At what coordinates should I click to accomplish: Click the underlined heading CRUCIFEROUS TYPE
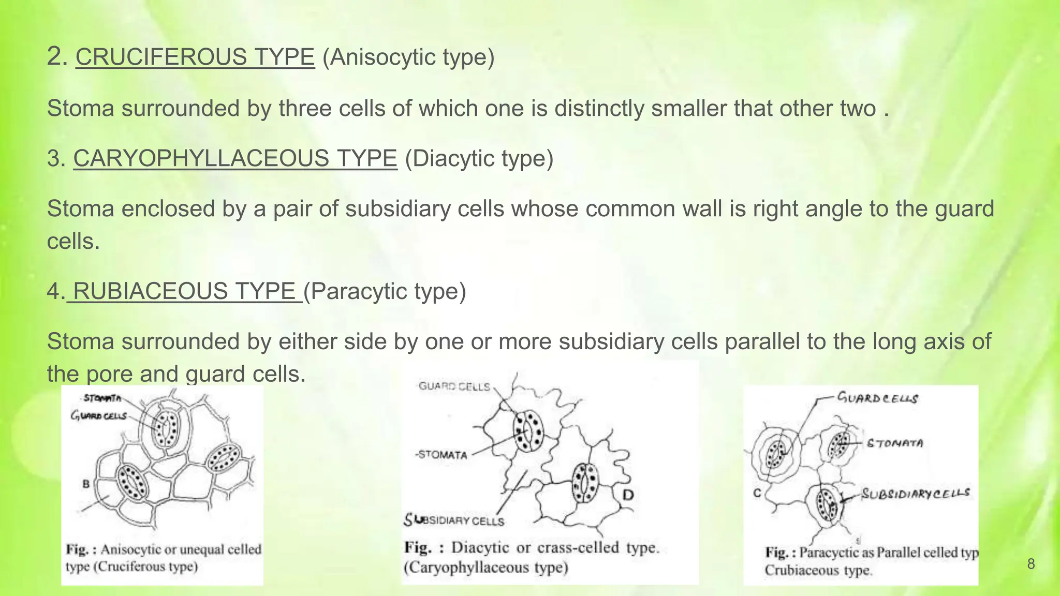(x=195, y=57)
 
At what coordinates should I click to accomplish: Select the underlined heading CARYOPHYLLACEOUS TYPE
(x=235, y=158)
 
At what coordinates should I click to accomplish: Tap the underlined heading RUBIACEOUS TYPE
(x=184, y=291)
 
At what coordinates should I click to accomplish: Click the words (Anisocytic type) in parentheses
(x=408, y=57)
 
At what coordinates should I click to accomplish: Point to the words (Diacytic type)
(x=479, y=158)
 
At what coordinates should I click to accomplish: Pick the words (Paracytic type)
(x=385, y=291)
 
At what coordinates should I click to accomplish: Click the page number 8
(x=1030, y=564)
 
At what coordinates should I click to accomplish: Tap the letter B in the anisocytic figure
(x=86, y=484)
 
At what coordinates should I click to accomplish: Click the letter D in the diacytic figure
(x=627, y=495)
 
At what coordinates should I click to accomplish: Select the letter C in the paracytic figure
(x=757, y=493)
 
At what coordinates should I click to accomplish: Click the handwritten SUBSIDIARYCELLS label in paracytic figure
(x=915, y=494)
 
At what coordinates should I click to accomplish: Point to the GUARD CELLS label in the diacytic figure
(x=454, y=386)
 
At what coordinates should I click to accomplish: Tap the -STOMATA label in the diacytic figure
(x=441, y=455)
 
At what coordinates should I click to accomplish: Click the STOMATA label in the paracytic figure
(x=895, y=443)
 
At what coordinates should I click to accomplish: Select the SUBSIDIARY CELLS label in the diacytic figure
(x=454, y=520)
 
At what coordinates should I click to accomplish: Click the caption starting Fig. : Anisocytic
(x=163, y=558)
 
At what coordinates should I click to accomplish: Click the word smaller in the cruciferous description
(x=682, y=109)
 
